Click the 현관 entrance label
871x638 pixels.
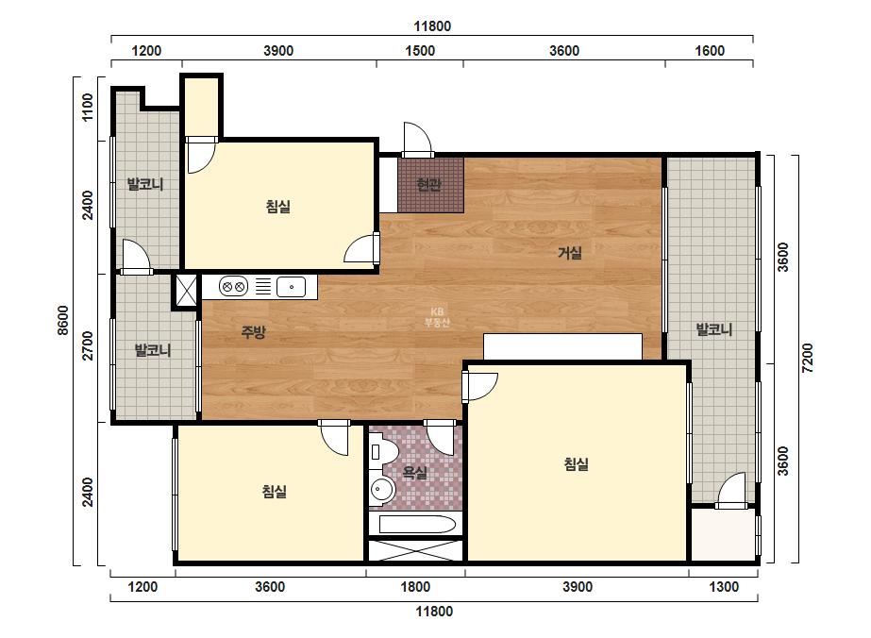[428, 184]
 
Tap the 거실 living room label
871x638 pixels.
[570, 253]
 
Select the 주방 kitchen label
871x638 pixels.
[253, 332]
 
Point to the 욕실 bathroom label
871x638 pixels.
[415, 473]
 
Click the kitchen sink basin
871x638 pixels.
[291, 287]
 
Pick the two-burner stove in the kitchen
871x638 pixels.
[233, 287]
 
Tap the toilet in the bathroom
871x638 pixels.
[382, 451]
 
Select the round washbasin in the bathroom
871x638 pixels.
[381, 491]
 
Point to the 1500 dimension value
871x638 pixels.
[420, 51]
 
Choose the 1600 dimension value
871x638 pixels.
[710, 51]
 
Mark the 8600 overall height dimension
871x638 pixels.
[63, 320]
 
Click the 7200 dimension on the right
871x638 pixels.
[807, 359]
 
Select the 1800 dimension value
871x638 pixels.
[415, 587]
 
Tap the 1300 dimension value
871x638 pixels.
[724, 587]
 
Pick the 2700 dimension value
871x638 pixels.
[88, 345]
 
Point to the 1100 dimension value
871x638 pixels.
[88, 108]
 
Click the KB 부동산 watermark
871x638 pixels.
[437, 317]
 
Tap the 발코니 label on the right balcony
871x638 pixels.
[714, 329]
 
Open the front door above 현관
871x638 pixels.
[417, 140]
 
